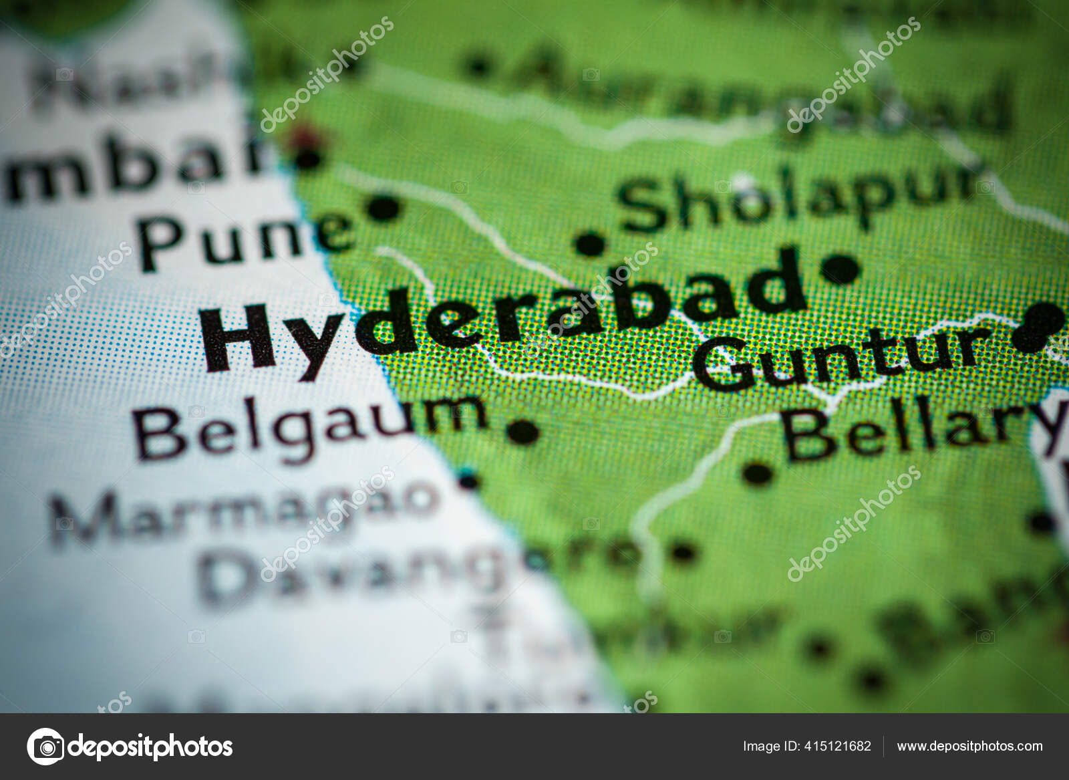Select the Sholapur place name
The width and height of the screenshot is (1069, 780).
[x=795, y=197]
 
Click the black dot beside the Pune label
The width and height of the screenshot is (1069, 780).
[x=383, y=208]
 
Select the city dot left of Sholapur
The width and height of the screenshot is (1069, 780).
[x=590, y=243]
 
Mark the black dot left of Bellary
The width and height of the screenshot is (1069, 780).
[x=757, y=473]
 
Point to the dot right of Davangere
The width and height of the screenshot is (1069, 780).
[x=683, y=552]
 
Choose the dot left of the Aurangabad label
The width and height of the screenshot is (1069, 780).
[x=477, y=65]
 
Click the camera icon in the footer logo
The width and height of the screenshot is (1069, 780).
[x=46, y=746]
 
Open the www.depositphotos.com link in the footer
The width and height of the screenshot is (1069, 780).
[x=969, y=746]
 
